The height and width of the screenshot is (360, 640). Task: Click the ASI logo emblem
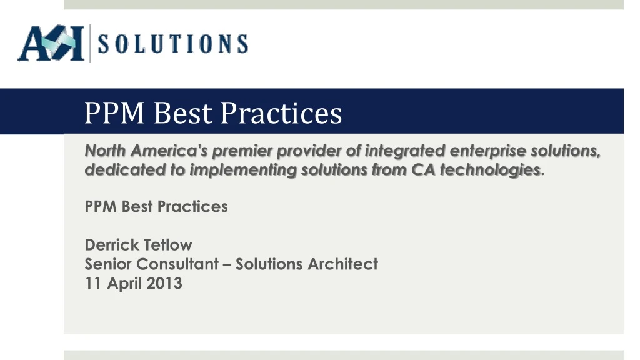(51, 44)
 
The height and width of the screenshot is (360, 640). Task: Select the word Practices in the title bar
(282, 113)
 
